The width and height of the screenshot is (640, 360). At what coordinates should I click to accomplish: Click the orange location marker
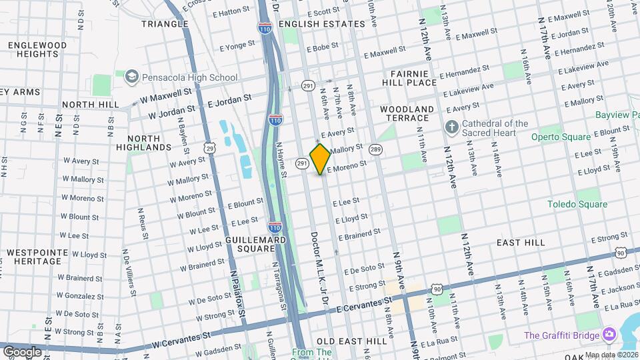coord(321,159)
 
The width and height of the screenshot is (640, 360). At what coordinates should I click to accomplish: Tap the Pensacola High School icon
coord(131,77)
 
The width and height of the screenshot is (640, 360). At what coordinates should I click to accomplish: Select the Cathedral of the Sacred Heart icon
coord(451,127)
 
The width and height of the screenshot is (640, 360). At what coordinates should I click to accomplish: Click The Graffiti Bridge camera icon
coord(608,334)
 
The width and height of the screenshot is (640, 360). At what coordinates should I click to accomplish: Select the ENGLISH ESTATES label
coord(322,24)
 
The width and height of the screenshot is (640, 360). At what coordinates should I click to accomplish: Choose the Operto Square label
coord(561,137)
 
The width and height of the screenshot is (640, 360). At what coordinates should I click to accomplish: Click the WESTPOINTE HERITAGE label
coord(35,258)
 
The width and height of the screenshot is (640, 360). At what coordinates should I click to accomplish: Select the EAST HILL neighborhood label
coord(521,243)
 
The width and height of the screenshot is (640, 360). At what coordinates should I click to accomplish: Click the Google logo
coord(22,351)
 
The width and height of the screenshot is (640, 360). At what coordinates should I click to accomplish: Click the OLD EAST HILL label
coord(351,341)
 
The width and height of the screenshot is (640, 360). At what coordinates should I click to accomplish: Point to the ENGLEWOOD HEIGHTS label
coord(37,50)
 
